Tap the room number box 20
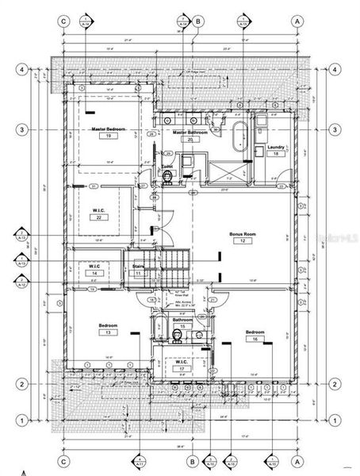(190, 139)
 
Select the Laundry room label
(277, 148)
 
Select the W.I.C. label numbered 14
(94, 266)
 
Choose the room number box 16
(255, 339)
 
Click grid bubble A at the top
(297, 21)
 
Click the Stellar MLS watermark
(334, 237)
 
